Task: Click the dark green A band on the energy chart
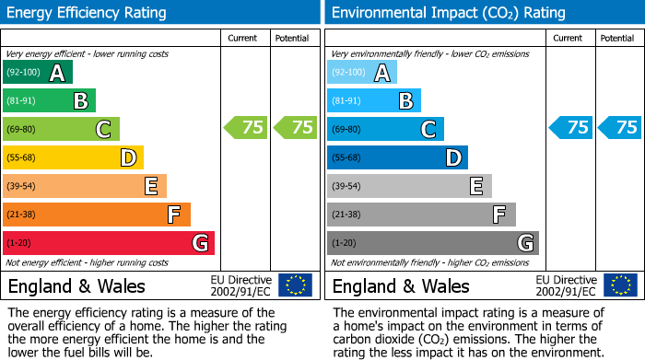tap(38, 73)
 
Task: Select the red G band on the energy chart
tap(109, 243)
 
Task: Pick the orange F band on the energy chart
tap(97, 215)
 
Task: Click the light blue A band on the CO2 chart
tap(362, 73)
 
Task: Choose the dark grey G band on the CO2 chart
tap(432, 243)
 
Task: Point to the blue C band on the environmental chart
tap(385, 129)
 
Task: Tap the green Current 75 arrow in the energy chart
tap(246, 128)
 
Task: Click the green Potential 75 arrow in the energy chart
tap(295, 128)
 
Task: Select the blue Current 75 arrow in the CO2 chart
tap(570, 128)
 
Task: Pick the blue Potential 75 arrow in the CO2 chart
tap(619, 128)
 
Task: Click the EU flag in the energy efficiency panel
tap(295, 285)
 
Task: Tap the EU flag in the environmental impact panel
tap(620, 285)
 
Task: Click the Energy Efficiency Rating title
tap(88, 13)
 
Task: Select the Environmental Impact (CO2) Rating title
tap(448, 13)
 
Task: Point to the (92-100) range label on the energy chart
tap(23, 73)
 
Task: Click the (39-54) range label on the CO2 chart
tap(347, 186)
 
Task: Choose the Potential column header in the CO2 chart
tap(617, 38)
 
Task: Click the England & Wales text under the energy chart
tap(76, 285)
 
